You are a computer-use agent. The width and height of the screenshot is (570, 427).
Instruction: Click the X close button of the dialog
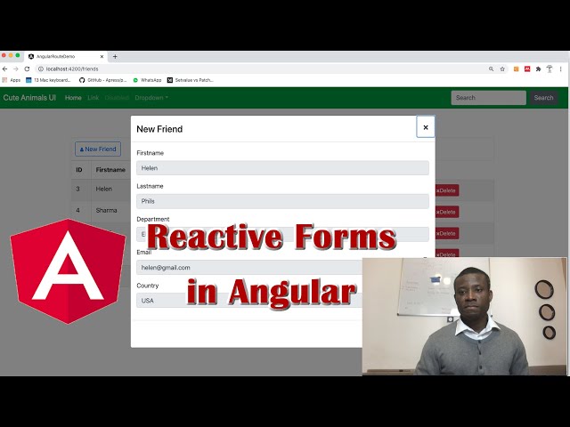pyautogui.click(x=426, y=127)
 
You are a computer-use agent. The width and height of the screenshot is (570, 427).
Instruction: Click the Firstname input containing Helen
pyautogui.click(x=282, y=168)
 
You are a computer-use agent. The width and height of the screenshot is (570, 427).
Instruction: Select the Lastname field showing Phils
pyautogui.click(x=282, y=201)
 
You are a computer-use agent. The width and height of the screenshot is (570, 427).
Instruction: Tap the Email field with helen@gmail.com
pyautogui.click(x=249, y=267)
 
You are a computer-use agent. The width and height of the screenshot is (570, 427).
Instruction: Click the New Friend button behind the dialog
pyautogui.click(x=98, y=149)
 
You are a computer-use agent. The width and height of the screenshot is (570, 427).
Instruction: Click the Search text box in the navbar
pyautogui.click(x=488, y=98)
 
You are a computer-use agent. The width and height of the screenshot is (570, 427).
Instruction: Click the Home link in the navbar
pyautogui.click(x=73, y=98)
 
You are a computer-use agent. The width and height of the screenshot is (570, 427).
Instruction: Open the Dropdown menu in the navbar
pyautogui.click(x=151, y=98)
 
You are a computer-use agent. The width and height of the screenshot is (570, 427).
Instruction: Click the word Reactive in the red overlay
pyautogui.click(x=214, y=238)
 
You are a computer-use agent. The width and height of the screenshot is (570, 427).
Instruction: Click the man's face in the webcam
pyautogui.click(x=469, y=294)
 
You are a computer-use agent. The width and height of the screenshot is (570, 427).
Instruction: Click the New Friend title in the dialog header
pyautogui.click(x=159, y=129)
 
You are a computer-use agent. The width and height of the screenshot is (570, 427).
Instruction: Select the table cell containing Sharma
pyautogui.click(x=107, y=211)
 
